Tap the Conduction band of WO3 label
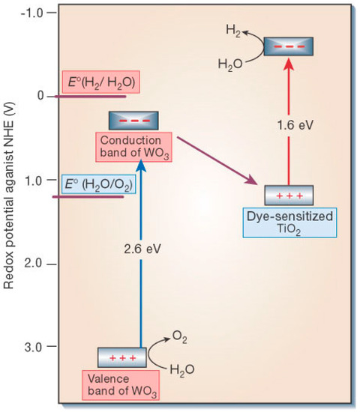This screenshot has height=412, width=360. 134,146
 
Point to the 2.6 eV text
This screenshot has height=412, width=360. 141,246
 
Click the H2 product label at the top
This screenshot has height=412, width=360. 234,30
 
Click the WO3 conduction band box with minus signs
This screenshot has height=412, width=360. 134,120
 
